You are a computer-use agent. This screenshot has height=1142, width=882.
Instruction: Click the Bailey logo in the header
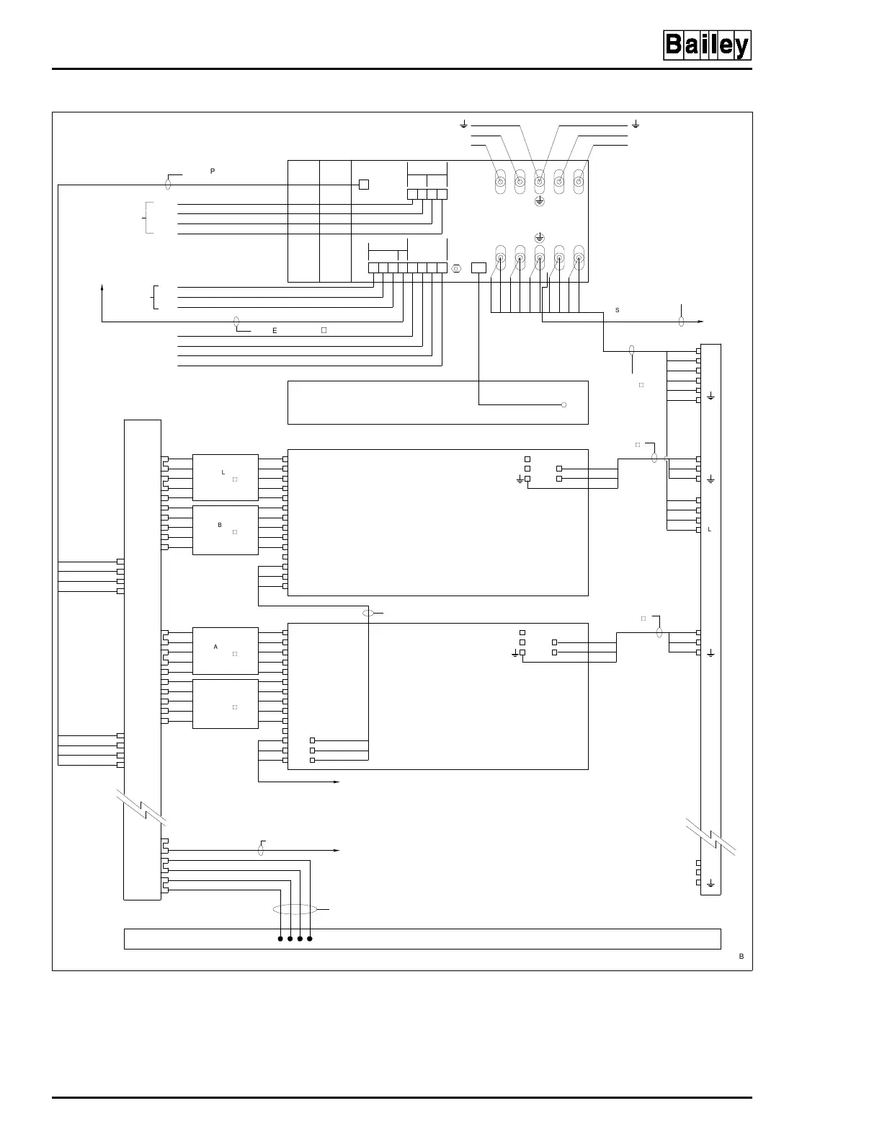coord(706,46)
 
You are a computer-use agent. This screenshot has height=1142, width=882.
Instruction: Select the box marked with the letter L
coord(225,477)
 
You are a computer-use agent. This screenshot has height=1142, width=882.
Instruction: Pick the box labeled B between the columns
coord(225,530)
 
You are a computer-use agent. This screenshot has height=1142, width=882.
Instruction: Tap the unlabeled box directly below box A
coord(225,704)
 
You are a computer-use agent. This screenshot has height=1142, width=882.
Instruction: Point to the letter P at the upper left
coord(213,172)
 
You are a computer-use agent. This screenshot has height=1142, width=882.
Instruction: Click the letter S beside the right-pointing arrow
coord(618,310)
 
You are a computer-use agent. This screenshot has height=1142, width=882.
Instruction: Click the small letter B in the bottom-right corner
coord(741,956)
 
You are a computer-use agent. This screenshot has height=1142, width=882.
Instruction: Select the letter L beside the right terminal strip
coord(710,529)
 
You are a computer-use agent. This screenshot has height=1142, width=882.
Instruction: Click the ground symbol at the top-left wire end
coord(465,125)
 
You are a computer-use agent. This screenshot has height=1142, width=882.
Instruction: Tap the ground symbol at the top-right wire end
coord(636,125)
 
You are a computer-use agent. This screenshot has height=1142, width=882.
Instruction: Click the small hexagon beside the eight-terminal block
coord(455,268)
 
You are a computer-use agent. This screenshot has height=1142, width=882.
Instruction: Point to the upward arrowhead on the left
coord(102,288)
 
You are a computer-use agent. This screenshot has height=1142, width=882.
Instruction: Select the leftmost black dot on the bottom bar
coord(280,939)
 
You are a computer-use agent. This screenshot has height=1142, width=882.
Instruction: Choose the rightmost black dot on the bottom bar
coord(310,939)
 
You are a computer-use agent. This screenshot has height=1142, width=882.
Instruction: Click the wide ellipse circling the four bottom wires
coord(295,910)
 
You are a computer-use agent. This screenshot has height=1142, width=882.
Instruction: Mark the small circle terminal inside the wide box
coord(563,404)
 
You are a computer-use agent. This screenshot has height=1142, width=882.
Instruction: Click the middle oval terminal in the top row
coord(539,182)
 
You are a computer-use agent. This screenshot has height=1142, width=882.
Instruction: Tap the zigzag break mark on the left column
coord(143,808)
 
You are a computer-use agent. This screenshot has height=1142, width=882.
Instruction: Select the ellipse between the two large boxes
coord(369,614)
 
